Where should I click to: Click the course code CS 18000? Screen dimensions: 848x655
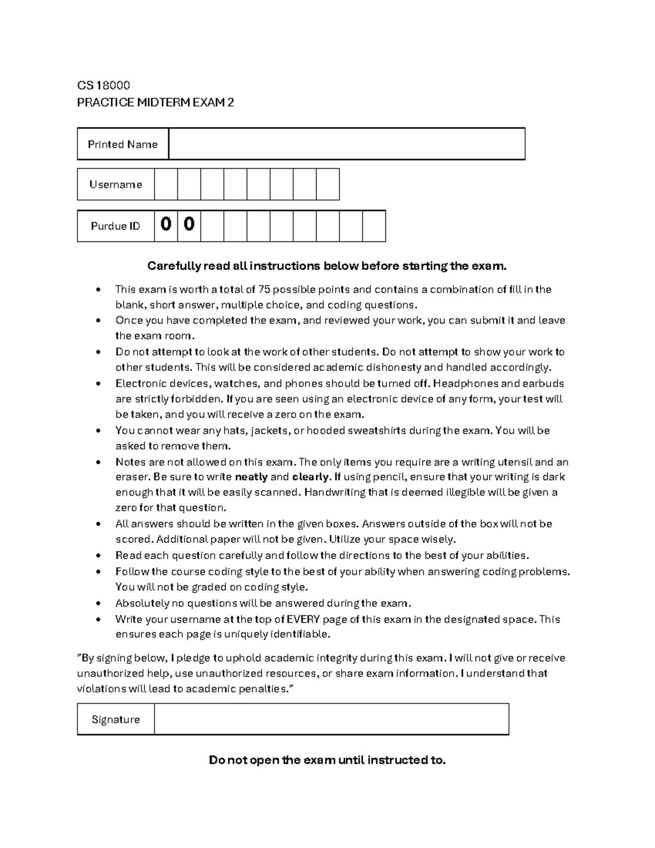tap(103, 85)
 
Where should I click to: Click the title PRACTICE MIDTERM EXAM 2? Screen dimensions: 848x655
tap(155, 103)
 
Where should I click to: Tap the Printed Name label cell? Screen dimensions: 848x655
tap(123, 144)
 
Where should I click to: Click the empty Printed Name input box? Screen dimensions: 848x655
tap(347, 144)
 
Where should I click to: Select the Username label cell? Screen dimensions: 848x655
tap(116, 185)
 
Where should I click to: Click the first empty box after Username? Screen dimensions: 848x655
tap(166, 185)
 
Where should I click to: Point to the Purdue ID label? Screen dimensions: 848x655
tap(116, 226)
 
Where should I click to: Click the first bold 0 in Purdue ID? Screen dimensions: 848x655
tap(166, 224)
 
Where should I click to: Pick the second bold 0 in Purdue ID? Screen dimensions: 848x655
tap(189, 224)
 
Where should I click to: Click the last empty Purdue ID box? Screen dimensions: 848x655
tap(374, 226)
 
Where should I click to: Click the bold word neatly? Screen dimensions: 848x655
tap(251, 477)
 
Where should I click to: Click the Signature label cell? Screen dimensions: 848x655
tap(116, 720)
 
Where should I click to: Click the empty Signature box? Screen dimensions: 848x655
tap(331, 720)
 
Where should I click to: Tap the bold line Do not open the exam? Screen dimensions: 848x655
tap(327, 760)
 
